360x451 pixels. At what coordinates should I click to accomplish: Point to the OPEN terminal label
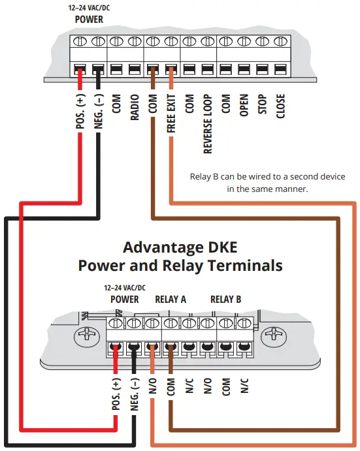(244, 104)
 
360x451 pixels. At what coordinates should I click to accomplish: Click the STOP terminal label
(263, 104)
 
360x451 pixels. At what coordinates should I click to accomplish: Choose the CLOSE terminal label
(281, 106)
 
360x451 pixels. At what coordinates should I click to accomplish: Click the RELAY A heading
(171, 299)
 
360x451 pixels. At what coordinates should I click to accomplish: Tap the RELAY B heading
(225, 299)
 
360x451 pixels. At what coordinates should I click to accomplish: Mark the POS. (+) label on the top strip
(80, 112)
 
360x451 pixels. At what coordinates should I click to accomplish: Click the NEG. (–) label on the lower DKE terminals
(135, 394)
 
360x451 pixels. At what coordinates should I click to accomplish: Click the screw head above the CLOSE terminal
(280, 40)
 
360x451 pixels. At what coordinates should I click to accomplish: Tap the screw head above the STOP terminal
(262, 40)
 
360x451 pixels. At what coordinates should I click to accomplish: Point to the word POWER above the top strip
(89, 20)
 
